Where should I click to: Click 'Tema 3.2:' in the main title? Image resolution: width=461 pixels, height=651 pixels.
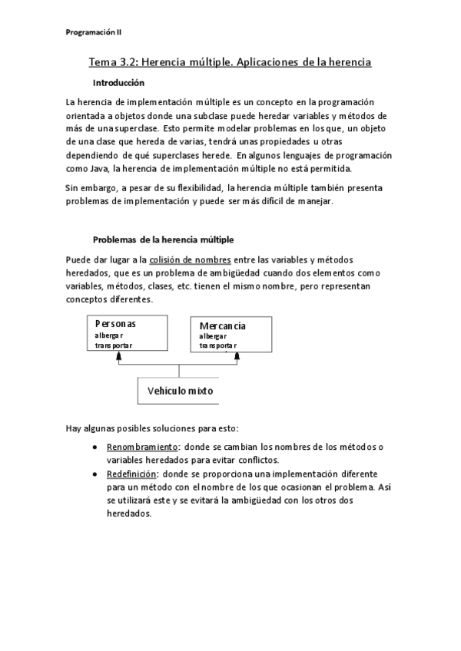point(114,62)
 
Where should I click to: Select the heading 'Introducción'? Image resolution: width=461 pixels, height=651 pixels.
point(118,82)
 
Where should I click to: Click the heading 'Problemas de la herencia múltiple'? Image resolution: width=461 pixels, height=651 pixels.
point(164,240)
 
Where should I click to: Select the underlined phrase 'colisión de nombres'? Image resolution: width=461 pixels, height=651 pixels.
point(190,260)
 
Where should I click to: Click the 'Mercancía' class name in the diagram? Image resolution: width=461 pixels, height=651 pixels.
point(222,326)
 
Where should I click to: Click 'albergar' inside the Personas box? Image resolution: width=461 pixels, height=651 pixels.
point(109,335)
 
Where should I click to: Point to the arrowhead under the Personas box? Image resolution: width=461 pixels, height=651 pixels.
point(118,355)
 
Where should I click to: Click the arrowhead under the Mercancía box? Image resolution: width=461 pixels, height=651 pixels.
point(236,355)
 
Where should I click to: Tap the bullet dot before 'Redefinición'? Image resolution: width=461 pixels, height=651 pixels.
point(94,474)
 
